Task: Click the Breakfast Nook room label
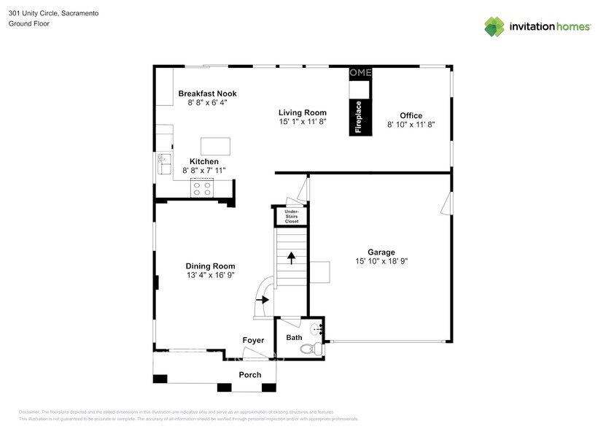pyautogui.click(x=207, y=93)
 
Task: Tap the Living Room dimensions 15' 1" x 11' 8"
pyautogui.click(x=302, y=122)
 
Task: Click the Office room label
pyautogui.click(x=411, y=115)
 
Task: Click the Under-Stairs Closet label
pyautogui.click(x=292, y=217)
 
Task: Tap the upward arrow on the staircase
pyautogui.click(x=291, y=258)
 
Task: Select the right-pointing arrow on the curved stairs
pyautogui.click(x=262, y=300)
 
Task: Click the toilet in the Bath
pyautogui.click(x=311, y=349)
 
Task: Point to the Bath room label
pyautogui.click(x=293, y=338)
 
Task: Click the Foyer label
pyautogui.click(x=253, y=341)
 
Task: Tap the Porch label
pyautogui.click(x=250, y=375)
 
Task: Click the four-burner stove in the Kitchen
pyautogui.click(x=202, y=189)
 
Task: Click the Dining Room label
pyautogui.click(x=210, y=266)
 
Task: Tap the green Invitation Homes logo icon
pyautogui.click(x=494, y=26)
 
